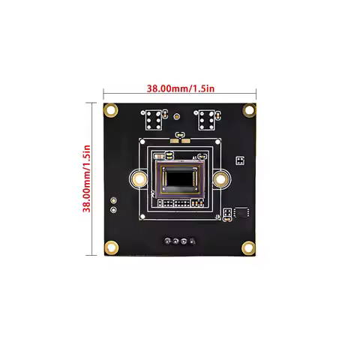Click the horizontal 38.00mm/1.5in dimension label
point(180,88)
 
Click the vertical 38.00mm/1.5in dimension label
point(88,180)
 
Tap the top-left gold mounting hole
point(111,110)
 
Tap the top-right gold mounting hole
point(250,110)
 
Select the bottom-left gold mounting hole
point(111,248)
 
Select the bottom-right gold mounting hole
point(250,248)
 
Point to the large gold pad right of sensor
point(220,179)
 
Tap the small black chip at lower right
point(241,212)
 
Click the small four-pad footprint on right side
point(240,160)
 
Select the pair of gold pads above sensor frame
point(180,136)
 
